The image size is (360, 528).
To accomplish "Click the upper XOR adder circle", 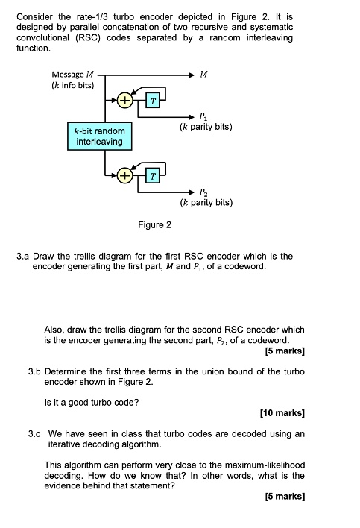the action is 124,101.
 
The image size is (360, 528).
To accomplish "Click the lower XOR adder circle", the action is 124,175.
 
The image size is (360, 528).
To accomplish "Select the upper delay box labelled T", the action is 153,101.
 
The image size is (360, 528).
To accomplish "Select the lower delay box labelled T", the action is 153,176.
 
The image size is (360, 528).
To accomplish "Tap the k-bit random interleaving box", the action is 100,136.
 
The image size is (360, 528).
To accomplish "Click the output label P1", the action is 203,117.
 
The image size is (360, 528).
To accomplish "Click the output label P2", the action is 203,192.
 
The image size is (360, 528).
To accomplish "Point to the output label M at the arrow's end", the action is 203,74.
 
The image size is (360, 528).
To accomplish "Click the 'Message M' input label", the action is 73,74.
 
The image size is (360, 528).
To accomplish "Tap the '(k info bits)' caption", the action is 73,85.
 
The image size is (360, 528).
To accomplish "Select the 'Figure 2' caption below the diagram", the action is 154,224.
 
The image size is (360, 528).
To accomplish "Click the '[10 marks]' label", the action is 282,413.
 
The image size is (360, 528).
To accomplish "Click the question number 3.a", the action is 23,257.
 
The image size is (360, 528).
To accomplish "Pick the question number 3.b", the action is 34,371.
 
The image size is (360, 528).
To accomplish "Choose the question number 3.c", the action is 34,434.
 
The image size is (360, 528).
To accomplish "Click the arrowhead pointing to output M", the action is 192,75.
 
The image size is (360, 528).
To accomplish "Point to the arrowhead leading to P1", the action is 192,117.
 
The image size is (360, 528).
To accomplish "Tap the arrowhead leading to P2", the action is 192,192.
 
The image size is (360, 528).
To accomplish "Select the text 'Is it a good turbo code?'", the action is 92,403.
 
